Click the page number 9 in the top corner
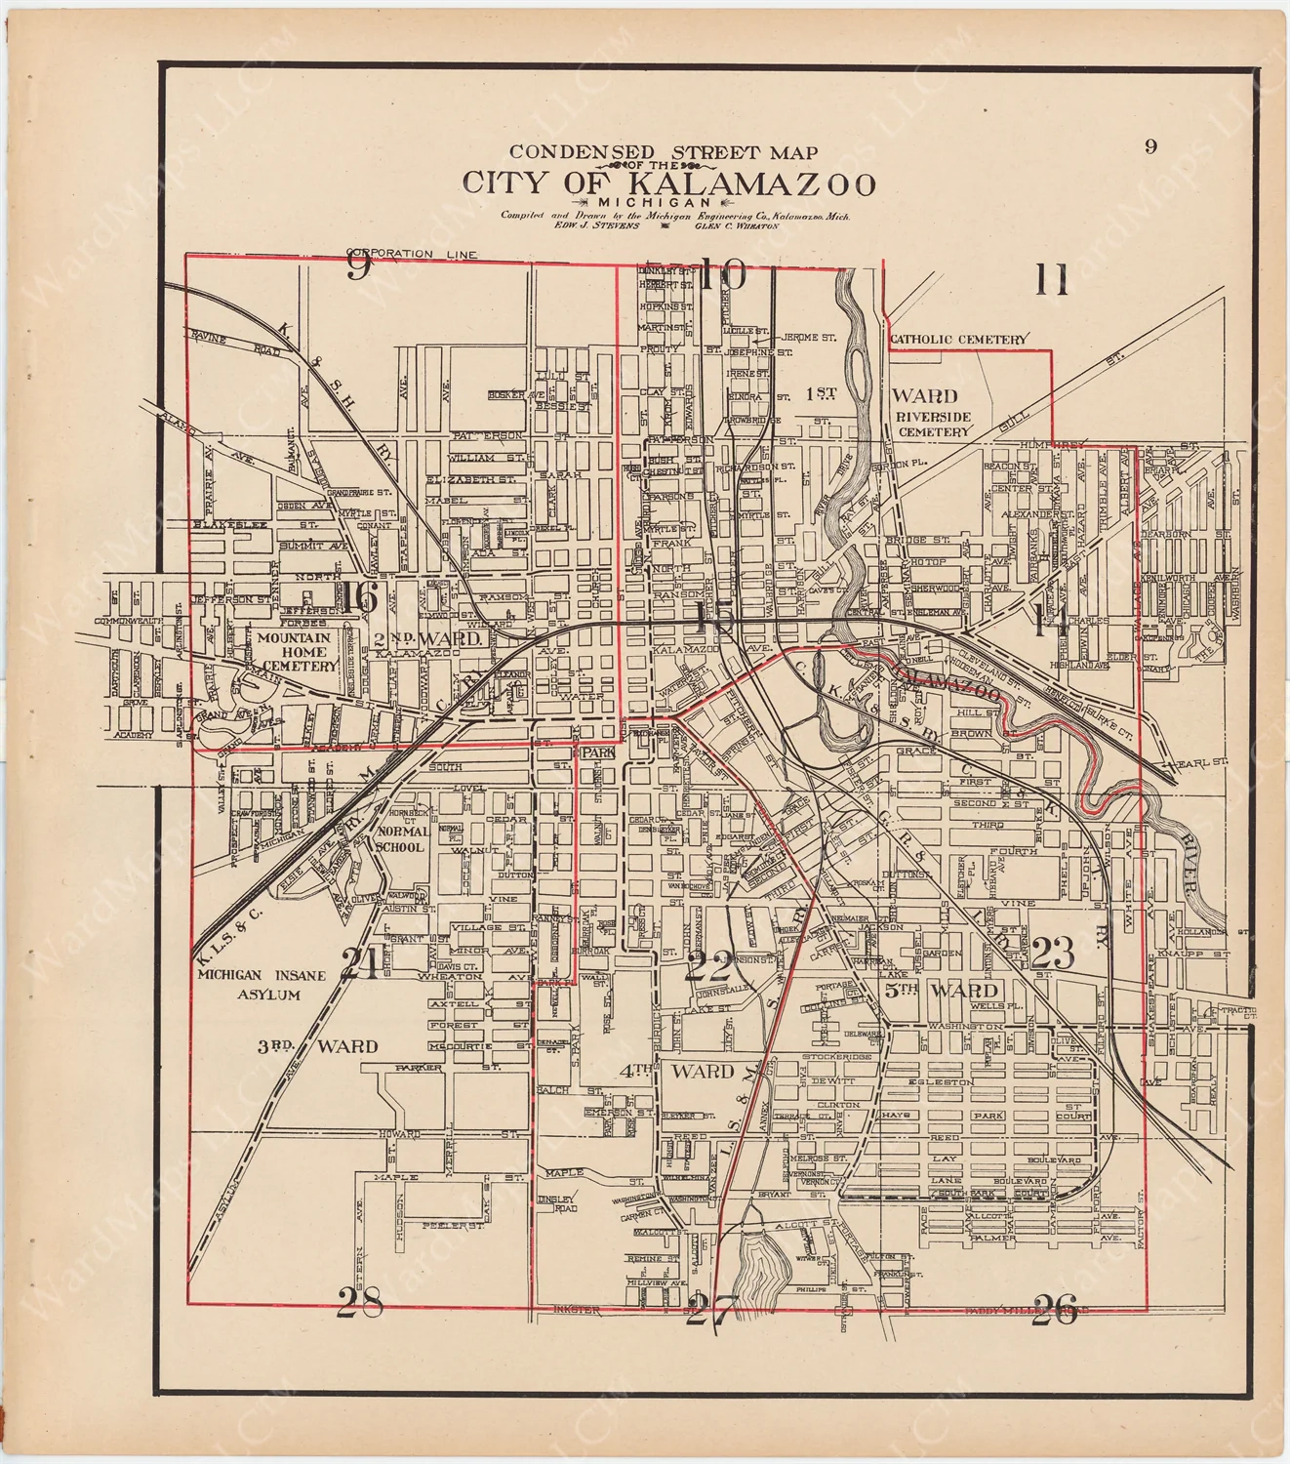pos(1151,146)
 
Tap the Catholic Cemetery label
pos(958,340)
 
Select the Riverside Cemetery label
pos(934,424)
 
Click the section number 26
pos(1054,1310)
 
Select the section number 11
pos(1051,281)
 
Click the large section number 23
pos(1052,951)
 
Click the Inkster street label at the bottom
pos(574,1309)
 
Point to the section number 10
pos(722,275)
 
